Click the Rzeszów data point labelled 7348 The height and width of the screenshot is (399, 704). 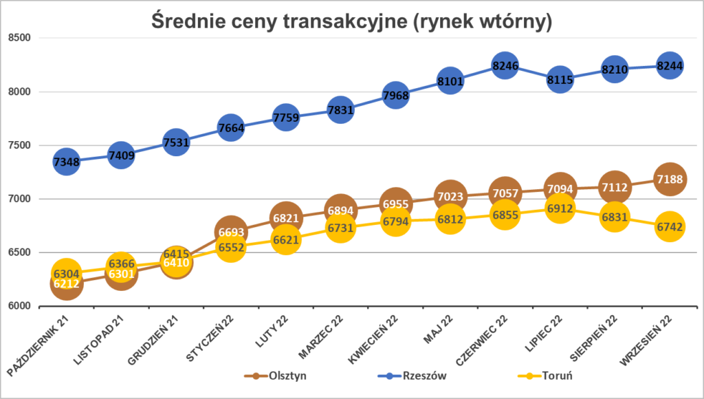(x=66, y=162)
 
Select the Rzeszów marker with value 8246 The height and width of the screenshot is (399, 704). (x=505, y=65)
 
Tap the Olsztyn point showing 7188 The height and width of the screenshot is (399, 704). (x=670, y=180)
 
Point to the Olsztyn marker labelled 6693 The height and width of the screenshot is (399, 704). (x=230, y=233)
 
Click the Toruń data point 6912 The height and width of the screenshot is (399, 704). (x=560, y=209)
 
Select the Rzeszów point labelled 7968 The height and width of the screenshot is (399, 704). (x=395, y=95)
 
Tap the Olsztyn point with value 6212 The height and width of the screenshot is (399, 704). (x=66, y=283)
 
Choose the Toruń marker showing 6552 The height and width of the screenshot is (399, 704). (x=230, y=248)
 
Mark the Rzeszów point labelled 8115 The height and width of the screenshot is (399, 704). (x=560, y=79)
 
